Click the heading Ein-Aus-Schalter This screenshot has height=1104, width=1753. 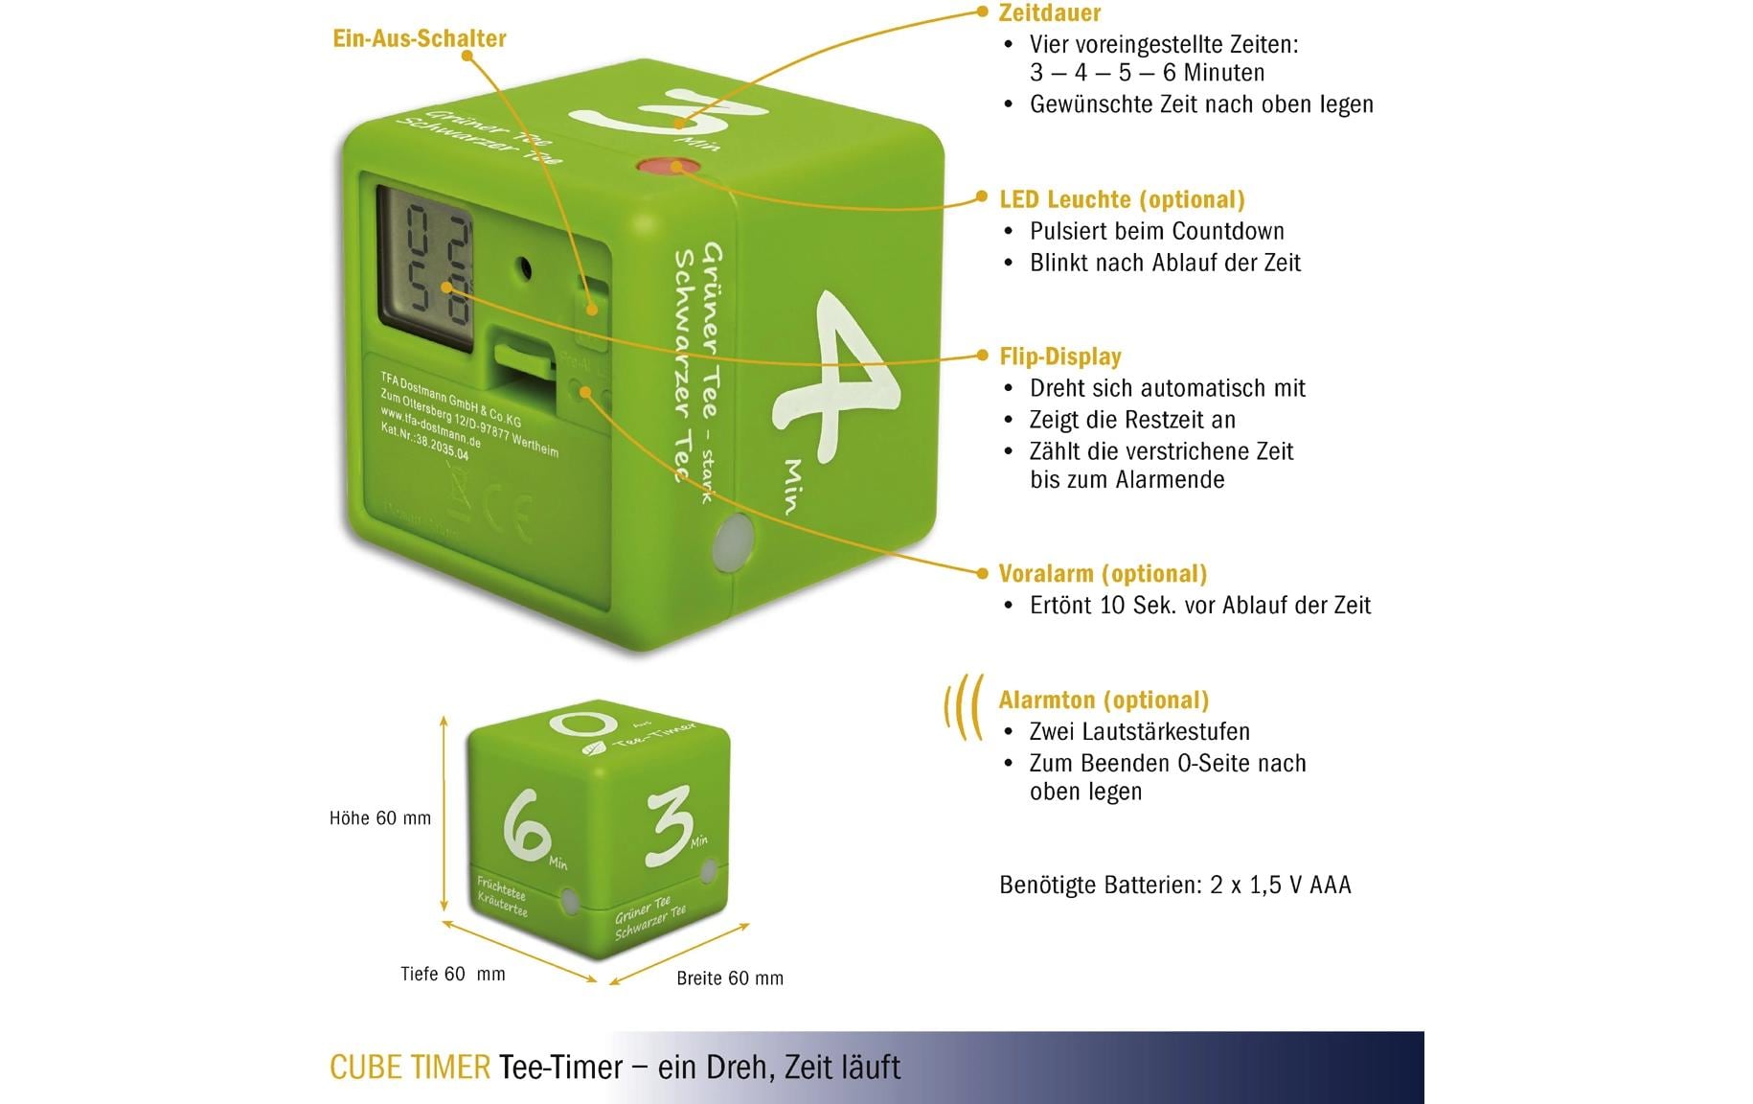pos(419,38)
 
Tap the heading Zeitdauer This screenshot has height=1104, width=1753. pos(1049,13)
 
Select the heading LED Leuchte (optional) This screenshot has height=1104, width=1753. pos(1122,199)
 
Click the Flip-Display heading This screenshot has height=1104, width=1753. pos(1059,356)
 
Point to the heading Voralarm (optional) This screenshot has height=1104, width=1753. pos(1103,574)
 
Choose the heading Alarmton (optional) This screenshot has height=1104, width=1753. pos(1104,700)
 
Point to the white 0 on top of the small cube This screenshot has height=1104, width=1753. pos(582,725)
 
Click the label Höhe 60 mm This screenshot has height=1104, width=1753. pos(379,818)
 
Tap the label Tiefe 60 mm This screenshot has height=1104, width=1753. pos(452,975)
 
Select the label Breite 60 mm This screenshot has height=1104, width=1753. pos(729,978)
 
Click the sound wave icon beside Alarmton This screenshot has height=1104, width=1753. pos(964,707)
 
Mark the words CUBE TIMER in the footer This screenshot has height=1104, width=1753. pos(409,1068)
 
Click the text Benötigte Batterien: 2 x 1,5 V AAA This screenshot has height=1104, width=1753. pos(1174,885)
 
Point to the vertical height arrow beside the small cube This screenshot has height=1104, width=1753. pos(444,815)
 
